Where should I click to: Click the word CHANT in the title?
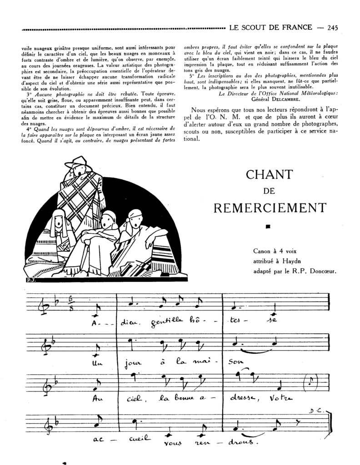(x=270, y=174)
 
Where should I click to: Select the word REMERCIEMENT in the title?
(x=270, y=207)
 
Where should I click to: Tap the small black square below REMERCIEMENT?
(x=268, y=227)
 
